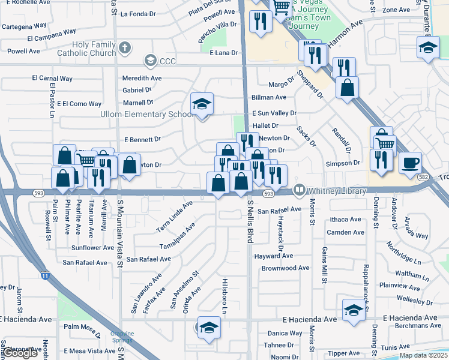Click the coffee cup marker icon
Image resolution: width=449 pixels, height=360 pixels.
pos(410,163)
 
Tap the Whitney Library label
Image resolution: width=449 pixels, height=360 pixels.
pos(337,191)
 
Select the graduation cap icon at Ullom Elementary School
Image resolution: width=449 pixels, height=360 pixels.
pos(202,104)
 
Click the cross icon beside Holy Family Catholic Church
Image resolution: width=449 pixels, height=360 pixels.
pos(125,47)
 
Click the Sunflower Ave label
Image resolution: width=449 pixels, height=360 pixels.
pos(92,247)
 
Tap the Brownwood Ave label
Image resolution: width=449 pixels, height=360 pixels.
pos(285,268)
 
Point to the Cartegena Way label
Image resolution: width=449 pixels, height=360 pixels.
pos(24,26)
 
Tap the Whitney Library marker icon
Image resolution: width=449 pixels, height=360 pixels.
pos(299,190)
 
